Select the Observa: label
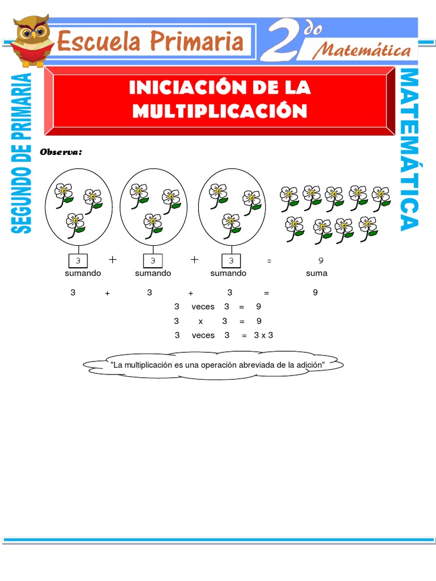pyautogui.click(x=61, y=153)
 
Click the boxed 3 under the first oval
pyautogui.click(x=78, y=261)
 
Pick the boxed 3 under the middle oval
pyautogui.click(x=152, y=261)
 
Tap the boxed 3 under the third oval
pyautogui.click(x=230, y=261)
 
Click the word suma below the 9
pyautogui.click(x=317, y=273)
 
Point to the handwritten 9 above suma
pyautogui.click(x=321, y=261)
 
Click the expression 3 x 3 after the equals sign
pyautogui.click(x=263, y=335)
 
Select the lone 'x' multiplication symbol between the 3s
pyautogui.click(x=200, y=321)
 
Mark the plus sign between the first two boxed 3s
pyautogui.click(x=112, y=260)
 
